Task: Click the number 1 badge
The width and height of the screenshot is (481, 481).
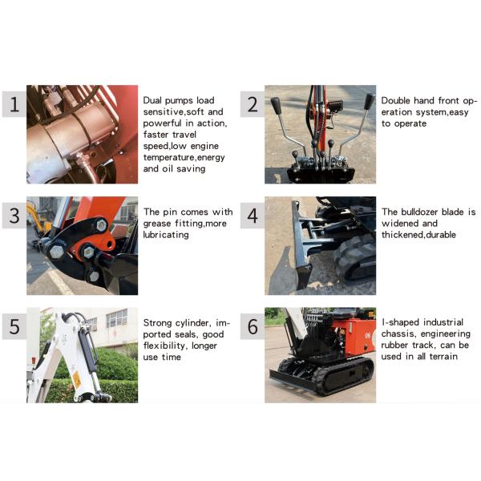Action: click(14, 104)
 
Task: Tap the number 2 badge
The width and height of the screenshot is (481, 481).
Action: click(252, 104)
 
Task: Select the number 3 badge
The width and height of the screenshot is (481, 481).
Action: click(14, 216)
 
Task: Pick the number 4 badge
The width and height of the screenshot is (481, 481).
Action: click(252, 216)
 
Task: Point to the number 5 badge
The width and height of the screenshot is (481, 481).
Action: click(14, 326)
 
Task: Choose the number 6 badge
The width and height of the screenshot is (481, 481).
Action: click(252, 326)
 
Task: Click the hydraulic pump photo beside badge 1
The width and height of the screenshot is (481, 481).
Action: click(82, 134)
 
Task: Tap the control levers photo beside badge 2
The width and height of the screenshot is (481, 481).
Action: click(320, 134)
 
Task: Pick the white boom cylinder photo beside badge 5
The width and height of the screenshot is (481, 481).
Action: click(82, 355)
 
